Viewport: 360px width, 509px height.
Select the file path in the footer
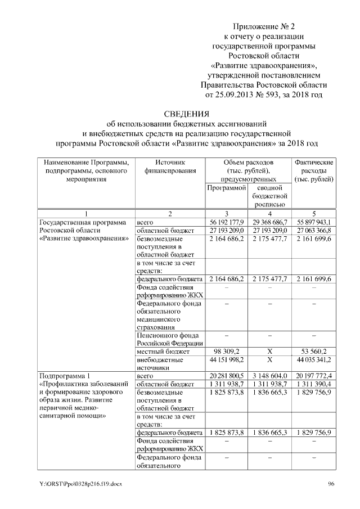(x=78, y=485)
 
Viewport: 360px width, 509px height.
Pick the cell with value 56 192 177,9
(x=227, y=223)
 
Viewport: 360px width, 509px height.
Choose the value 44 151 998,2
(x=227, y=360)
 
